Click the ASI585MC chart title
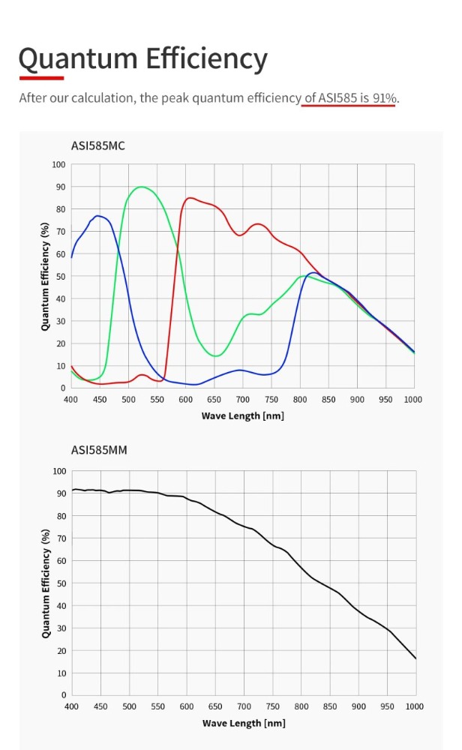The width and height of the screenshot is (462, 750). click(97, 145)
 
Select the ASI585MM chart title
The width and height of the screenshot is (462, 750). click(98, 450)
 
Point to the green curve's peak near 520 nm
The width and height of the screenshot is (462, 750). click(140, 187)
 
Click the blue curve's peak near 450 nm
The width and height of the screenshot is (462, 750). click(98, 216)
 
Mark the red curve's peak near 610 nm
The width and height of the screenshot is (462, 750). click(191, 198)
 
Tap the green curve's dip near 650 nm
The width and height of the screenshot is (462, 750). click(215, 355)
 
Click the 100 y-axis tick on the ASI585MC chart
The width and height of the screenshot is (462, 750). click(58, 164)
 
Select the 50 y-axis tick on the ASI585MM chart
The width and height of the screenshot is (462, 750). click(61, 583)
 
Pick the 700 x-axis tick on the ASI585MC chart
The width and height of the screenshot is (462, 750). click(242, 400)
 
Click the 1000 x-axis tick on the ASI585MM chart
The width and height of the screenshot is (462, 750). click(414, 706)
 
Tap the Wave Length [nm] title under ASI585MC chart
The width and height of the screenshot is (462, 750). click(243, 415)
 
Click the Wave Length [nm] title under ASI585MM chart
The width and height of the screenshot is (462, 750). click(244, 723)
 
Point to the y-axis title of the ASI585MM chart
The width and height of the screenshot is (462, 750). click(46, 583)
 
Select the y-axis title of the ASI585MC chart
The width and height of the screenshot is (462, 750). click(46, 276)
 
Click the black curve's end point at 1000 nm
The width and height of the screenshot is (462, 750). click(415, 658)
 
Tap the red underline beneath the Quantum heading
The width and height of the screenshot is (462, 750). click(41, 77)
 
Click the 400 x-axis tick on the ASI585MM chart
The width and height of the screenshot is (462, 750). click(71, 706)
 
